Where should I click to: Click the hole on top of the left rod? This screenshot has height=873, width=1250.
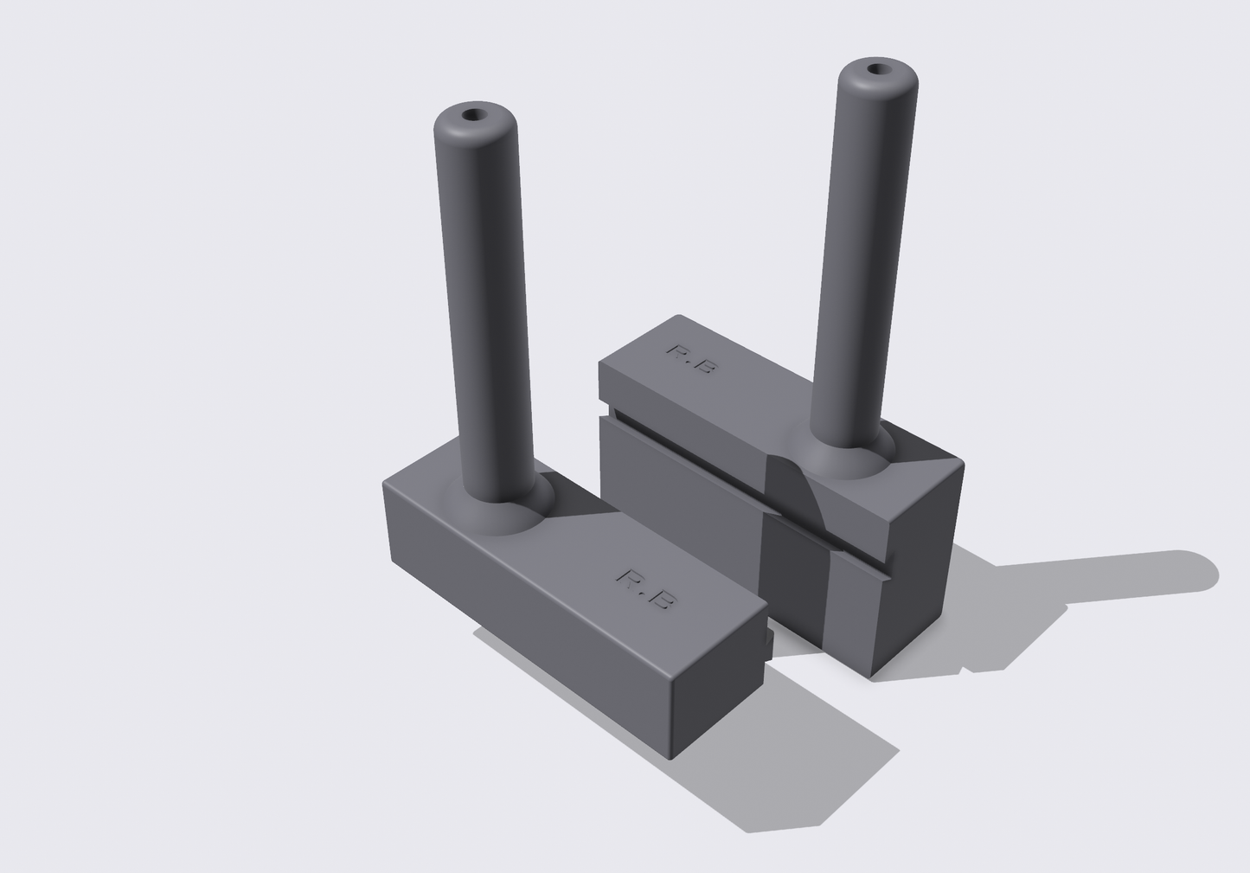click(473, 114)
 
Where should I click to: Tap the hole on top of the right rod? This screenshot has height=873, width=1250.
click(879, 68)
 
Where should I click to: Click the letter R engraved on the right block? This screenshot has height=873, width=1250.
click(677, 351)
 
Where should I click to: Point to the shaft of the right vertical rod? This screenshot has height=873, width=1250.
click(865, 260)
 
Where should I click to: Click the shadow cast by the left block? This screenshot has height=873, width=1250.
click(779, 761)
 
